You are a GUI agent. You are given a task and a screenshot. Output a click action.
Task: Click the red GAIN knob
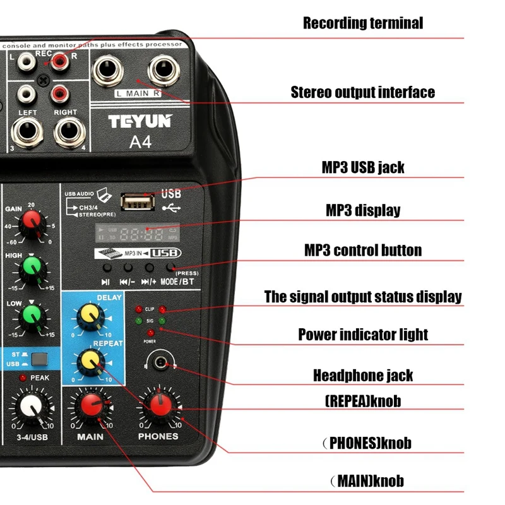(x=30, y=222)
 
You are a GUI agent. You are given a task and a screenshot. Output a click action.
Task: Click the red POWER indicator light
(x=150, y=333)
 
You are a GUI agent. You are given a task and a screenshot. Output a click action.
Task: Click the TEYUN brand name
(x=140, y=121)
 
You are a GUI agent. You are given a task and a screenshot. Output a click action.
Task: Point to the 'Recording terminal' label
(x=363, y=23)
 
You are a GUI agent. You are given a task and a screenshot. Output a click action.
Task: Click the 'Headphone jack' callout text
(x=363, y=376)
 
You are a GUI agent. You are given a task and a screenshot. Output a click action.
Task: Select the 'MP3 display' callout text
(x=363, y=210)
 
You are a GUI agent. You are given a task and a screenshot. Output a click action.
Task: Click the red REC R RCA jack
(x=61, y=61)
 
